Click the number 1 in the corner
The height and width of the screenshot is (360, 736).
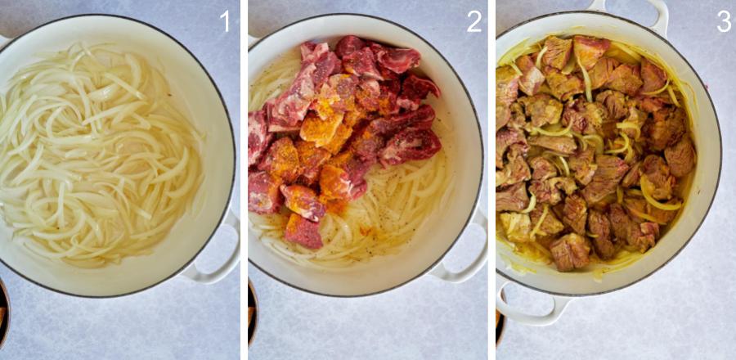tap(225, 21)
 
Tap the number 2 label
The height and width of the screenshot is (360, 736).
tap(474, 21)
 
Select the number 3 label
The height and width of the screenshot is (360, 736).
tap(724, 21)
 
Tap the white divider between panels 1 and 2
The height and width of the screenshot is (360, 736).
tap(244, 180)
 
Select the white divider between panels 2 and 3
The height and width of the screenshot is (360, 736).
tap(492, 180)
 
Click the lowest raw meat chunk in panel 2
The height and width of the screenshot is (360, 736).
tap(304, 231)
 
